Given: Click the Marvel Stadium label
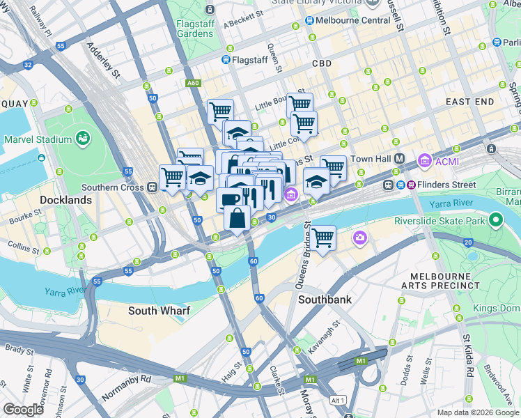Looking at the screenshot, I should click(x=33, y=139).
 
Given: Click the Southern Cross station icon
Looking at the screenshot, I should click(x=151, y=187).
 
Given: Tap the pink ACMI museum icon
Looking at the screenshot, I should click(x=423, y=162).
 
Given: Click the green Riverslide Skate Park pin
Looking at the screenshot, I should click(x=495, y=222).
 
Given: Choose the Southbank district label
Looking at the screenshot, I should click(x=324, y=300).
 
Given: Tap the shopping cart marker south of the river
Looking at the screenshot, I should click(x=323, y=238).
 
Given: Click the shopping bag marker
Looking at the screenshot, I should click(x=237, y=217).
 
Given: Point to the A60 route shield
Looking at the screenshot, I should click(x=193, y=83).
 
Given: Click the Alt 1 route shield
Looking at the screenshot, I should click(x=339, y=400).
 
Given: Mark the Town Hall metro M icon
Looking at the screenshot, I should click(x=400, y=159).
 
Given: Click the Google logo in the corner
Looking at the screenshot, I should click(x=23, y=410).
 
